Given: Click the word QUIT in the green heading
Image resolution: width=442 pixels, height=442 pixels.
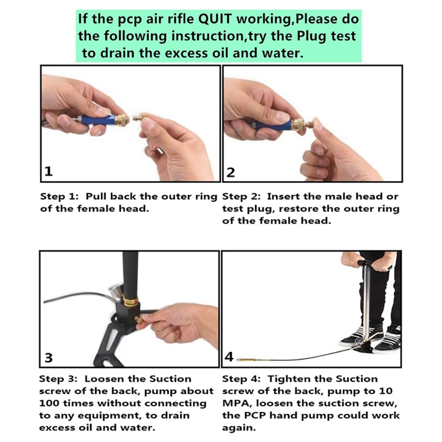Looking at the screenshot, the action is [215, 19].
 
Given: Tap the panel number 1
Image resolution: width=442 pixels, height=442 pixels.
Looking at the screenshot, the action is [48, 171].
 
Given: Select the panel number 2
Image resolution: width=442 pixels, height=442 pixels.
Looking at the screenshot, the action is [230, 172].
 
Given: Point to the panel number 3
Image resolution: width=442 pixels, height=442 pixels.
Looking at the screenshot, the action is [48, 357].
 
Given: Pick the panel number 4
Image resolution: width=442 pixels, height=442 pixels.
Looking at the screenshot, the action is [229, 357].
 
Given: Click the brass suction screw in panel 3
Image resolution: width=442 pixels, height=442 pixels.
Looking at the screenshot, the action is [138, 319].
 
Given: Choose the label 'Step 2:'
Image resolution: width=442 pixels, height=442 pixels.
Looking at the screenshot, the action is [241, 196].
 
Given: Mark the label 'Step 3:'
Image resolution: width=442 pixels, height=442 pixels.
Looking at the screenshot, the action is [58, 379].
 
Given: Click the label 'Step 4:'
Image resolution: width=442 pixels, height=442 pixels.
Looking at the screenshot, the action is [241, 379].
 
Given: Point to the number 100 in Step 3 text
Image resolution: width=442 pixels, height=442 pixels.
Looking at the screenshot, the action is [49, 403].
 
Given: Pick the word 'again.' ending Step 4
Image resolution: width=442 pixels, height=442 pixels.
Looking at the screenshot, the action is [239, 428].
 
